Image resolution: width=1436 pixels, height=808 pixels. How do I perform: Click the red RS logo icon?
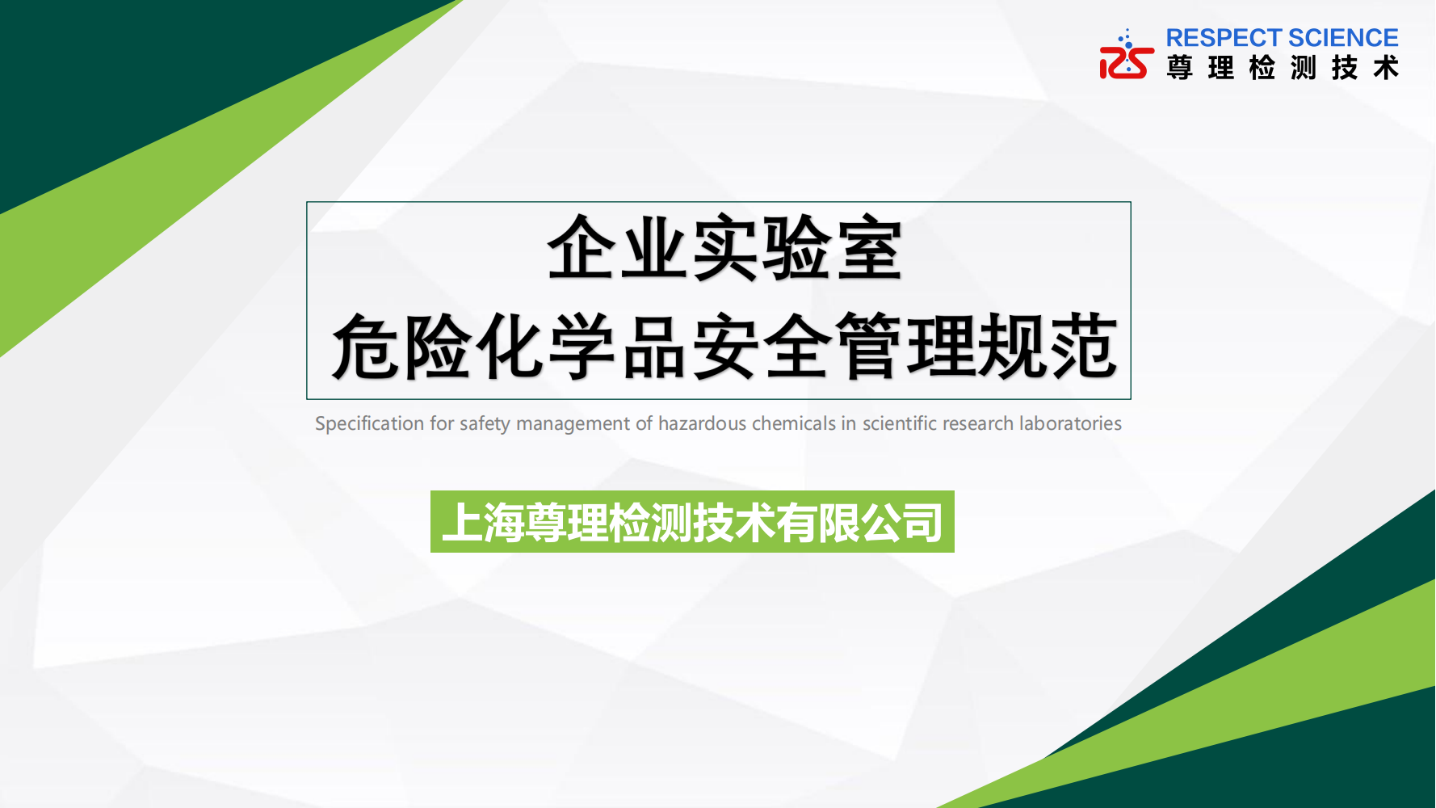pyautogui.click(x=1127, y=56)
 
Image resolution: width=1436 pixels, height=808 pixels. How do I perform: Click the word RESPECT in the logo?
pyautogui.click(x=1224, y=38)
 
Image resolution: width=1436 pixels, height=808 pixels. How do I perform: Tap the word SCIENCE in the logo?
pyautogui.click(x=1344, y=38)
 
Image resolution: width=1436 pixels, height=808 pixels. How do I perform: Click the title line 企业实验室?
pyautogui.click(x=724, y=248)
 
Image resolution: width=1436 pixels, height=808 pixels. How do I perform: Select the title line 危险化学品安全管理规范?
pyautogui.click(x=724, y=347)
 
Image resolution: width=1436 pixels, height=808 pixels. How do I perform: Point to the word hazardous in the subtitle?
pyautogui.click(x=702, y=423)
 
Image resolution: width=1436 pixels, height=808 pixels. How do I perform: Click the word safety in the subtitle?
pyautogui.click(x=485, y=424)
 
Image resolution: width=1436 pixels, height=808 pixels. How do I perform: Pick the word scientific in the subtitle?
pyautogui.click(x=899, y=423)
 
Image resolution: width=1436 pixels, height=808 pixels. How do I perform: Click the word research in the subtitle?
pyautogui.click(x=977, y=423)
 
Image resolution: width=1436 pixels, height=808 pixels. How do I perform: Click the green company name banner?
pyautogui.click(x=692, y=521)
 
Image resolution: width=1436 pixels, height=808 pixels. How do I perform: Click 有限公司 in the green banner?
pyautogui.click(x=859, y=522)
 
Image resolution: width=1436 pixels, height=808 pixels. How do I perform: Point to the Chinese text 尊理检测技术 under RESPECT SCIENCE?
pyautogui.click(x=1283, y=67)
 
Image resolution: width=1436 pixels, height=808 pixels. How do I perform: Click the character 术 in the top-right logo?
pyautogui.click(x=1386, y=67)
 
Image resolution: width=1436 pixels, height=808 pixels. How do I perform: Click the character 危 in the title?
pyautogui.click(x=366, y=347)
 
